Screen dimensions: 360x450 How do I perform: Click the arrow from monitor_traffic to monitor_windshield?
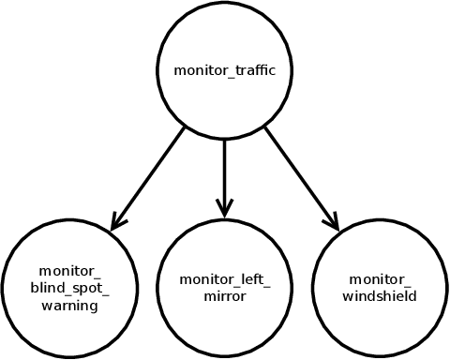click(x=300, y=178)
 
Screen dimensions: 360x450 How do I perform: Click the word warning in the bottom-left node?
click(x=69, y=305)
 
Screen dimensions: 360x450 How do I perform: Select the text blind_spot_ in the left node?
click(x=69, y=289)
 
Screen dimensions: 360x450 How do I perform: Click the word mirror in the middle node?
click(x=225, y=297)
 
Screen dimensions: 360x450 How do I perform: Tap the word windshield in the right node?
click(x=381, y=296)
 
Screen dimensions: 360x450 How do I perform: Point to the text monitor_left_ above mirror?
click(x=225, y=279)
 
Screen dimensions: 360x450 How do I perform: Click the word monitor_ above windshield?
click(x=381, y=279)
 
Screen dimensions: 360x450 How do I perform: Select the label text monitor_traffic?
click(x=225, y=70)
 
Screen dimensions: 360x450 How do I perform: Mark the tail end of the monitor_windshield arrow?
click(x=266, y=127)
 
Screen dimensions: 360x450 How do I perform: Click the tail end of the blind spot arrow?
click(x=184, y=127)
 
